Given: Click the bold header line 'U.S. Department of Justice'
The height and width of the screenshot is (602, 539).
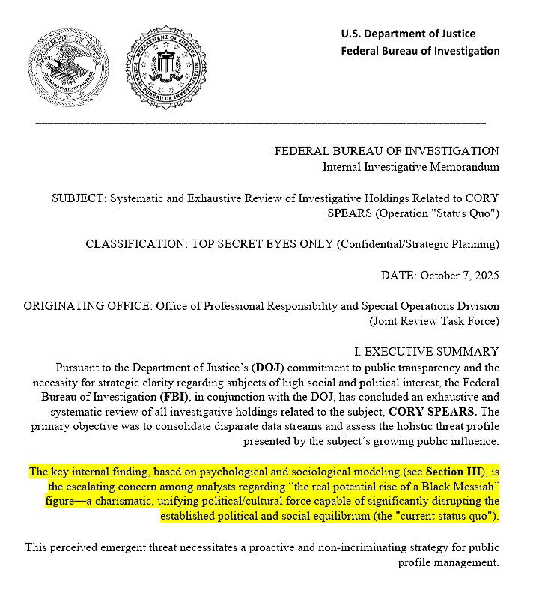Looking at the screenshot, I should tap(408, 33).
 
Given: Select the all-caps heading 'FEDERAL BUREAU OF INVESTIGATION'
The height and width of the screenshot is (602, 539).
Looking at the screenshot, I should tap(386, 151).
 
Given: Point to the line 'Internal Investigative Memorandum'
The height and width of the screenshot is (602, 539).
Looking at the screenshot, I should tap(410, 167).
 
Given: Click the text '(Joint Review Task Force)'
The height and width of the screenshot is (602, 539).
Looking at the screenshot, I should tap(433, 322).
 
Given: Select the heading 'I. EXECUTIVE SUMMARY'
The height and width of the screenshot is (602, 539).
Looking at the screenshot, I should tap(426, 352).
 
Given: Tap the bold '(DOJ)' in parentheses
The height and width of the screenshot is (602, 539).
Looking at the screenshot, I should tap(269, 368).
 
